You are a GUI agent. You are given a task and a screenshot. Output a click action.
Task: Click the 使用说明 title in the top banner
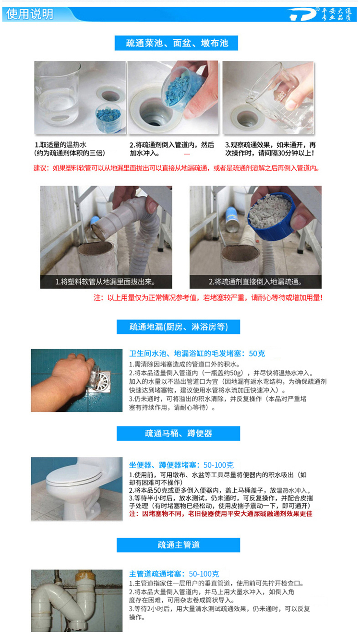tap(30, 14)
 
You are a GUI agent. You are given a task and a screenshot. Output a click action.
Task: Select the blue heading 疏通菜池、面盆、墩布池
tap(177, 43)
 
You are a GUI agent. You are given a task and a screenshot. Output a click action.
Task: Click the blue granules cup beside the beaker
tap(108, 118)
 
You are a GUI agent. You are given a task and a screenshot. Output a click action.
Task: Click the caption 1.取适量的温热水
tap(60, 145)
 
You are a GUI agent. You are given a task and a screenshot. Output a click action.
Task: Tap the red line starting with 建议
tap(177, 168)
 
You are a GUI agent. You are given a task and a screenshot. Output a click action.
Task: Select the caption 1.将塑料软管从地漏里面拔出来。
tap(105, 282)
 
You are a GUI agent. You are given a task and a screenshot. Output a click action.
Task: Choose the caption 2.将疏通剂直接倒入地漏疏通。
tap(255, 282)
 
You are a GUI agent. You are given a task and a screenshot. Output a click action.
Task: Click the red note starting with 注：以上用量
tap(208, 298)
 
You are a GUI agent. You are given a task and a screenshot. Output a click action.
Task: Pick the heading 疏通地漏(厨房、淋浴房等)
tap(179, 327)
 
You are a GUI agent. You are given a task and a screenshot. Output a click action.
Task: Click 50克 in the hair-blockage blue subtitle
tap(257, 354)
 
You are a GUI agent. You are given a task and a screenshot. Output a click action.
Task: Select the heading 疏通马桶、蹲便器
tap(179, 434)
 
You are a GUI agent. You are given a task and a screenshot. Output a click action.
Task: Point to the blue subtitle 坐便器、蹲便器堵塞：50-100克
tap(181, 465)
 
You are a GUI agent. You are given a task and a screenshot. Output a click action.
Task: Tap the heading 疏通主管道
tap(179, 545)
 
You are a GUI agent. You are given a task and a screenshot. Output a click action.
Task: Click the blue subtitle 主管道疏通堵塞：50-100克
tap(174, 574)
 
